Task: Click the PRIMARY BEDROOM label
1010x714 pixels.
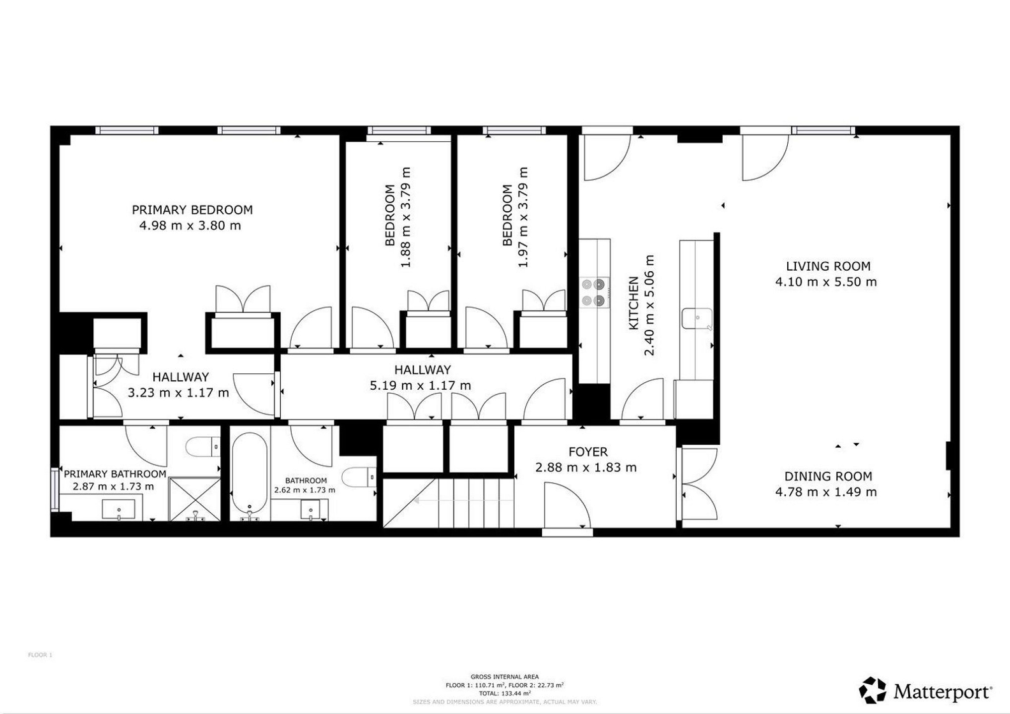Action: pyautogui.click(x=192, y=210)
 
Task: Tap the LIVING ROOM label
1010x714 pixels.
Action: pyautogui.click(x=828, y=266)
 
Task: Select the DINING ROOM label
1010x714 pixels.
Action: pyautogui.click(x=828, y=476)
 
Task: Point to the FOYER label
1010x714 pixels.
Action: pyautogui.click(x=588, y=452)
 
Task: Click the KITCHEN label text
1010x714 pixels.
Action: pyautogui.click(x=633, y=303)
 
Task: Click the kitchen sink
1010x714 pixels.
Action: pyautogui.click(x=697, y=319)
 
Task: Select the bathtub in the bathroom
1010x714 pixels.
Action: pyautogui.click(x=250, y=474)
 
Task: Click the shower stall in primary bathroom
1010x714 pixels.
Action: pyautogui.click(x=195, y=499)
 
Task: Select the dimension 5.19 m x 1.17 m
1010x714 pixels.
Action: pyautogui.click(x=420, y=385)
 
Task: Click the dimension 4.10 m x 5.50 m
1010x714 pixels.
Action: pyautogui.click(x=826, y=282)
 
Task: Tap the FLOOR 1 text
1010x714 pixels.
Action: pyautogui.click(x=40, y=655)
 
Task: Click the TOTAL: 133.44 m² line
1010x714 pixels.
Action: pyautogui.click(x=505, y=694)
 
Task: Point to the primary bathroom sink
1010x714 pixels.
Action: pyautogui.click(x=119, y=510)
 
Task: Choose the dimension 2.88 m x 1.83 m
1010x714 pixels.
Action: pyautogui.click(x=586, y=467)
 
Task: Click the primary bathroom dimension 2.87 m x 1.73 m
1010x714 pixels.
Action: pyautogui.click(x=113, y=486)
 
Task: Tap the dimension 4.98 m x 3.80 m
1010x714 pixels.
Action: pyautogui.click(x=190, y=226)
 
